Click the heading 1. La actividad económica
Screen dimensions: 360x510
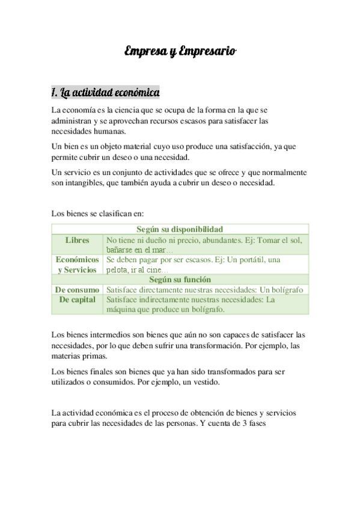click(x=105, y=93)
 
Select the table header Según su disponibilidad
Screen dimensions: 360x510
click(x=180, y=229)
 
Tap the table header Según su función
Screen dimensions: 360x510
click(x=180, y=279)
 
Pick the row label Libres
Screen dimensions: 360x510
click(x=78, y=240)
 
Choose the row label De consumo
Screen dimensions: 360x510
click(x=78, y=289)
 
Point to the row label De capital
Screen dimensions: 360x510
click(x=78, y=300)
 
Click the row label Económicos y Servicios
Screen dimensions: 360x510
click(x=78, y=265)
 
